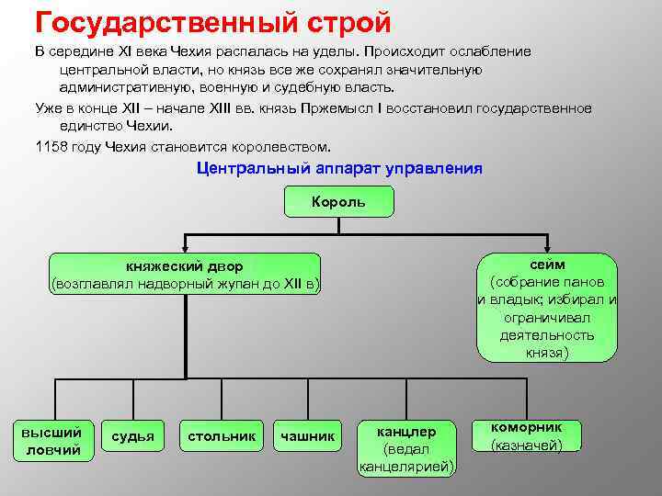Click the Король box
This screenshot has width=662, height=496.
(x=338, y=201)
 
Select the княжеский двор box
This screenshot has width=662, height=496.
(x=185, y=275)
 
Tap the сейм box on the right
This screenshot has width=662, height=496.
(x=547, y=308)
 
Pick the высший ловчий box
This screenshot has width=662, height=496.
(x=51, y=440)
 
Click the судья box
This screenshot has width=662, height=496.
(x=132, y=435)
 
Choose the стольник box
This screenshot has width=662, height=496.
(x=222, y=435)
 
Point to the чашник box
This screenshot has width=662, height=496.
(x=308, y=435)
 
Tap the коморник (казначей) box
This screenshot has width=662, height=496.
(x=527, y=436)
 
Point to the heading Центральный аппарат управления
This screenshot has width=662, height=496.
(x=339, y=169)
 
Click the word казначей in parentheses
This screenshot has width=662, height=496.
(x=528, y=445)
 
